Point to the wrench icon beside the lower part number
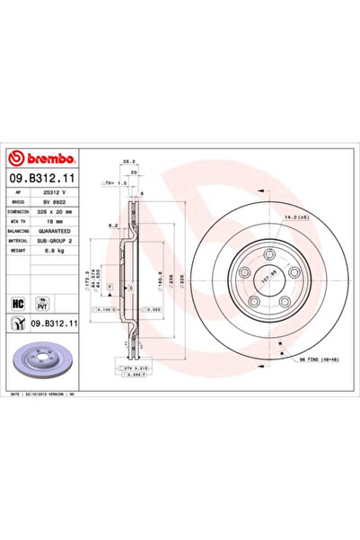pos(16,323)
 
